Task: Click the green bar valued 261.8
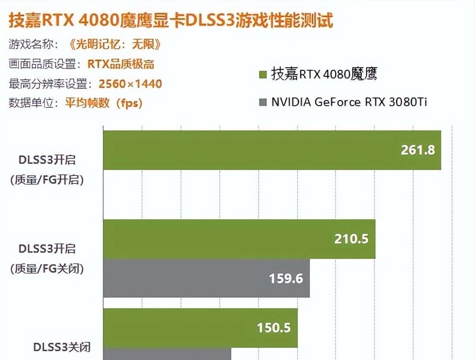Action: (272, 150)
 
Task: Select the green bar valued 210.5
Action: (239, 239)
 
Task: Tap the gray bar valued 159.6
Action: (206, 278)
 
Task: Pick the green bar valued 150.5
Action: (200, 328)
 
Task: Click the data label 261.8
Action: (418, 150)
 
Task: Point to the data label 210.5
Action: (351, 239)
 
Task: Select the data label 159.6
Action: (286, 278)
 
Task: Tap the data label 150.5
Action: (274, 328)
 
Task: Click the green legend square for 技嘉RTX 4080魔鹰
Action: (262, 75)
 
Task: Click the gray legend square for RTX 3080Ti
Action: (262, 102)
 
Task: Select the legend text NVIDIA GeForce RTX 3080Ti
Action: (349, 102)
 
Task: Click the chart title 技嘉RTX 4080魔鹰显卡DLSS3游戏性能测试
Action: (171, 21)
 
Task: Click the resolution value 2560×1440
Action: (130, 83)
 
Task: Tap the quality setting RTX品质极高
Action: (121, 64)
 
